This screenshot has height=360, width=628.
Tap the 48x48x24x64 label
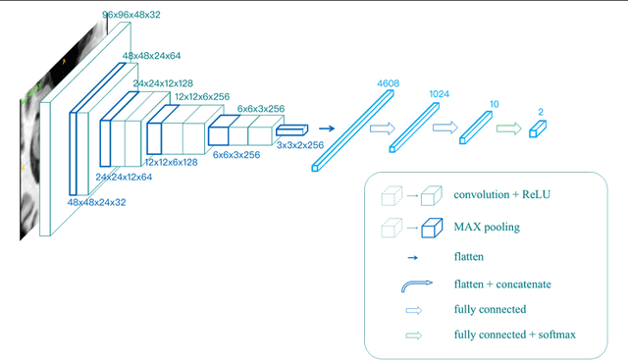pos(157,58)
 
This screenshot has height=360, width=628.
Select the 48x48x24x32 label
pos(96,201)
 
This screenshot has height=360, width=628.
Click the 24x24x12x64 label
pos(124,178)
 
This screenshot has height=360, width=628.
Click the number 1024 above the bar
pos(440,94)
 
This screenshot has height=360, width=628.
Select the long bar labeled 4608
pos(352,127)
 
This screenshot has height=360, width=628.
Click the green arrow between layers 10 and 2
pos(508,127)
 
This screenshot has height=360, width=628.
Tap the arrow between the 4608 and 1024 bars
pos(383,128)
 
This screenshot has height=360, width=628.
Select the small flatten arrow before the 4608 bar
pos(327,128)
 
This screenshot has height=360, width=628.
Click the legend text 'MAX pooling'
pos(488,227)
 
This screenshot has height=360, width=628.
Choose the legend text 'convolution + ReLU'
pos(502,194)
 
